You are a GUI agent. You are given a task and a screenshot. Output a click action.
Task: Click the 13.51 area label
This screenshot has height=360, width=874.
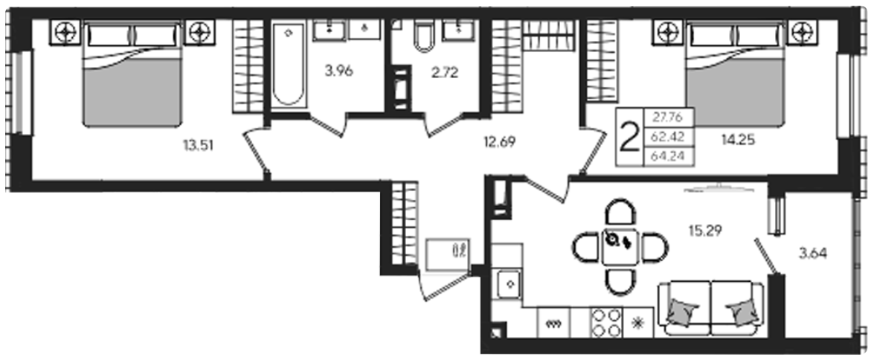[199, 146]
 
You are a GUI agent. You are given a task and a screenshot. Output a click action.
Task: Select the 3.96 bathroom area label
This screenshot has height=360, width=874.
[339, 71]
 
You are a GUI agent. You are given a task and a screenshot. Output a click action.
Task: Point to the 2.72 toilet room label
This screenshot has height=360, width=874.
[445, 72]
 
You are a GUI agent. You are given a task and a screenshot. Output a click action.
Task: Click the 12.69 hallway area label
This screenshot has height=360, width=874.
[499, 141]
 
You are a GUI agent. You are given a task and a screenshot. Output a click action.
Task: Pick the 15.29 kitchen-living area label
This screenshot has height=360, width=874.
[706, 230]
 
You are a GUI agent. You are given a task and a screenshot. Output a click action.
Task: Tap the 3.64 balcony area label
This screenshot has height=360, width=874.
[813, 254]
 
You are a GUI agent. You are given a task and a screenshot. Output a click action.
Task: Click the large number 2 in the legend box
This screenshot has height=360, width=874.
[629, 138]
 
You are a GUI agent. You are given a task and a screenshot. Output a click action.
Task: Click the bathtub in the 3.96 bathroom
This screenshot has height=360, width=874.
[289, 64]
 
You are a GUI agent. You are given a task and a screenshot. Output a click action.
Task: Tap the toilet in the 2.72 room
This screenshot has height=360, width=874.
[425, 36]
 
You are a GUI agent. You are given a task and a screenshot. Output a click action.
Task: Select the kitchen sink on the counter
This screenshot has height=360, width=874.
[509, 283]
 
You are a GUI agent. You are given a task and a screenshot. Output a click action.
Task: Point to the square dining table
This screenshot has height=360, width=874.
[620, 246]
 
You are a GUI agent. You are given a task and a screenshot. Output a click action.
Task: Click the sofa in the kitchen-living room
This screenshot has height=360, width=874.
[711, 308]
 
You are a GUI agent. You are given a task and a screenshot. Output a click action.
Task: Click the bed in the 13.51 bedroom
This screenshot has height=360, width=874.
[132, 74]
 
